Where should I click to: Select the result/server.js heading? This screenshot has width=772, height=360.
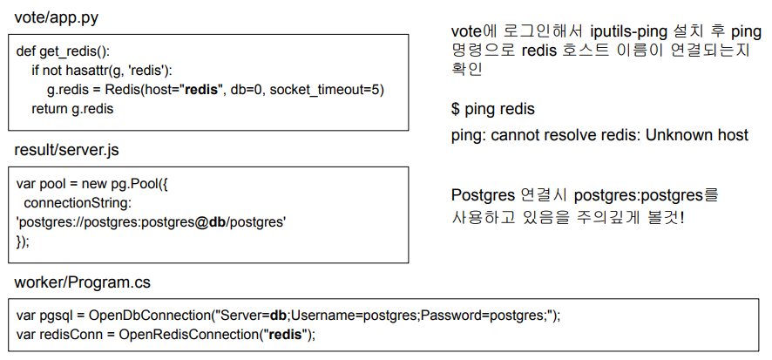click(x=67, y=150)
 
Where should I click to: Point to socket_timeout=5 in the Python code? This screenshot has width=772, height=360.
click(x=327, y=90)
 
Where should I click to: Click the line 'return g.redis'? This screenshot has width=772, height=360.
click(x=72, y=109)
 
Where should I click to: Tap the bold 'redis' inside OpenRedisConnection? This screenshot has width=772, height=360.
click(x=287, y=335)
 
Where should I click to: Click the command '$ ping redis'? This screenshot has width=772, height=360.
click(x=492, y=110)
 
